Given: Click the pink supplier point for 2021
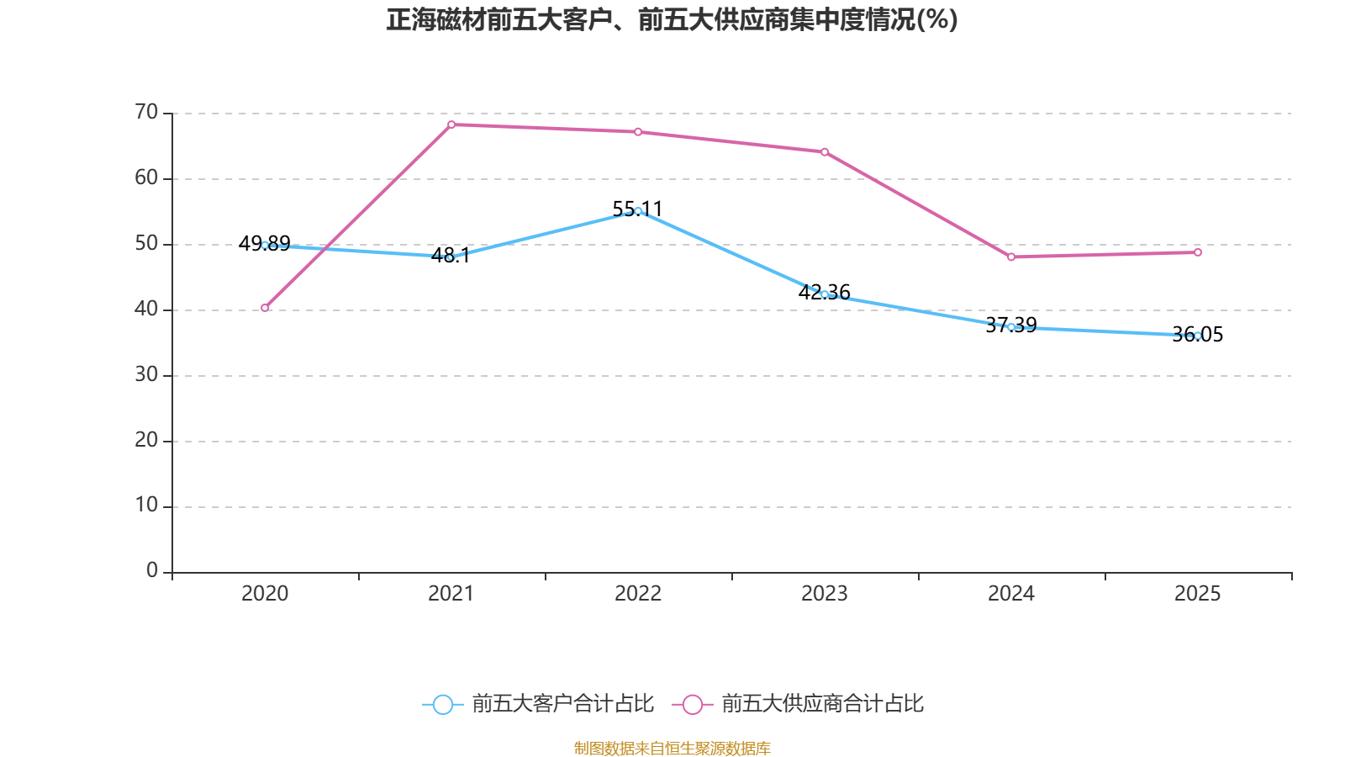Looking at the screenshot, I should click(451, 124).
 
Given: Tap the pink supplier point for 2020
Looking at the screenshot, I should click(265, 308).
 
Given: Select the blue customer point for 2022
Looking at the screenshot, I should click(638, 211).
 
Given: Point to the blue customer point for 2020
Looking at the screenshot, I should click(265, 245).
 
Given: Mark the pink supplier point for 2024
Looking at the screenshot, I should click(1011, 257).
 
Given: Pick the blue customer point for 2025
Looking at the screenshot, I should click(1198, 336).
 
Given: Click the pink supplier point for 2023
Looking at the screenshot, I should click(825, 152).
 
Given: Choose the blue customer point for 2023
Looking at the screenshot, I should click(825, 294).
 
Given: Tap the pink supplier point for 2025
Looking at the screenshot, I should click(1198, 252).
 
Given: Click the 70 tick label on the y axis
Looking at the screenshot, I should click(146, 112).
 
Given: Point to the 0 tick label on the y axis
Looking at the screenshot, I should click(152, 571).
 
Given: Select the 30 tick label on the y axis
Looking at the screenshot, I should click(146, 374).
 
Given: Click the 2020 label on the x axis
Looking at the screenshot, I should click(265, 594).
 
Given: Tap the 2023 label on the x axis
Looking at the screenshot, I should click(825, 594).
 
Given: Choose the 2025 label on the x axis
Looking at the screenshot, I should click(1198, 594).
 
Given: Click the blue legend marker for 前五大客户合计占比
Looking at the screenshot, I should click(442, 704).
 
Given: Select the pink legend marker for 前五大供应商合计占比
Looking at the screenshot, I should click(692, 704).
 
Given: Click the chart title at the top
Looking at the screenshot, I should click(672, 19).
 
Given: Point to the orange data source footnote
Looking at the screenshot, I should click(672, 748).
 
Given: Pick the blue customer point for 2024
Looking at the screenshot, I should click(1011, 327).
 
